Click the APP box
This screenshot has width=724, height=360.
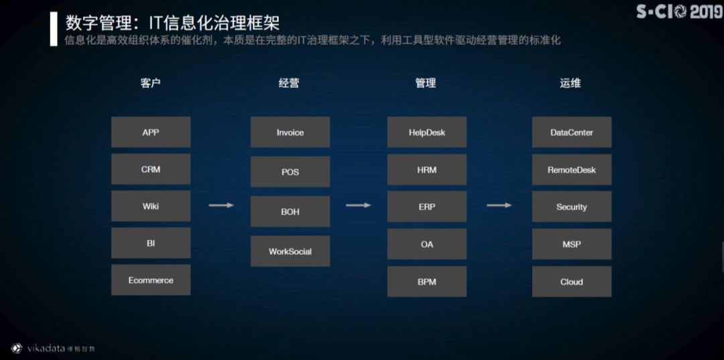coord(151,132)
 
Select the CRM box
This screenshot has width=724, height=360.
coord(151,170)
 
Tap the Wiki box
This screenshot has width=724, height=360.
coord(151,206)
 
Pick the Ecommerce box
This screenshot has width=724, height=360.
coord(151,280)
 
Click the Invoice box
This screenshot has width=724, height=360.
coord(290,132)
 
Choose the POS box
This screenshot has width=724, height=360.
coord(290,172)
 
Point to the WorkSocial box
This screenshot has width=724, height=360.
coord(290,251)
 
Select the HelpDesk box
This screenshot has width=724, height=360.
coord(427,132)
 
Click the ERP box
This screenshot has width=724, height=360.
coord(427,206)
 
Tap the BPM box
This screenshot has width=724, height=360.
coord(427,282)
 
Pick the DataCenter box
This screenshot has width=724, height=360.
coord(572,132)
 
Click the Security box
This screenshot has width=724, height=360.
coord(572,206)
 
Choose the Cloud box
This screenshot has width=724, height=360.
coord(572,282)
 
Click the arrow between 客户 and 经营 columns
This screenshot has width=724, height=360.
coord(221,205)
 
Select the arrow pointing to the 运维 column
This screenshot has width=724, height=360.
coord(499,205)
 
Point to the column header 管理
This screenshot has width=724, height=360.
coord(426,83)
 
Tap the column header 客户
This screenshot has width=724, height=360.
coord(151,83)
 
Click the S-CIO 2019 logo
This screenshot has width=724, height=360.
coord(678,12)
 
